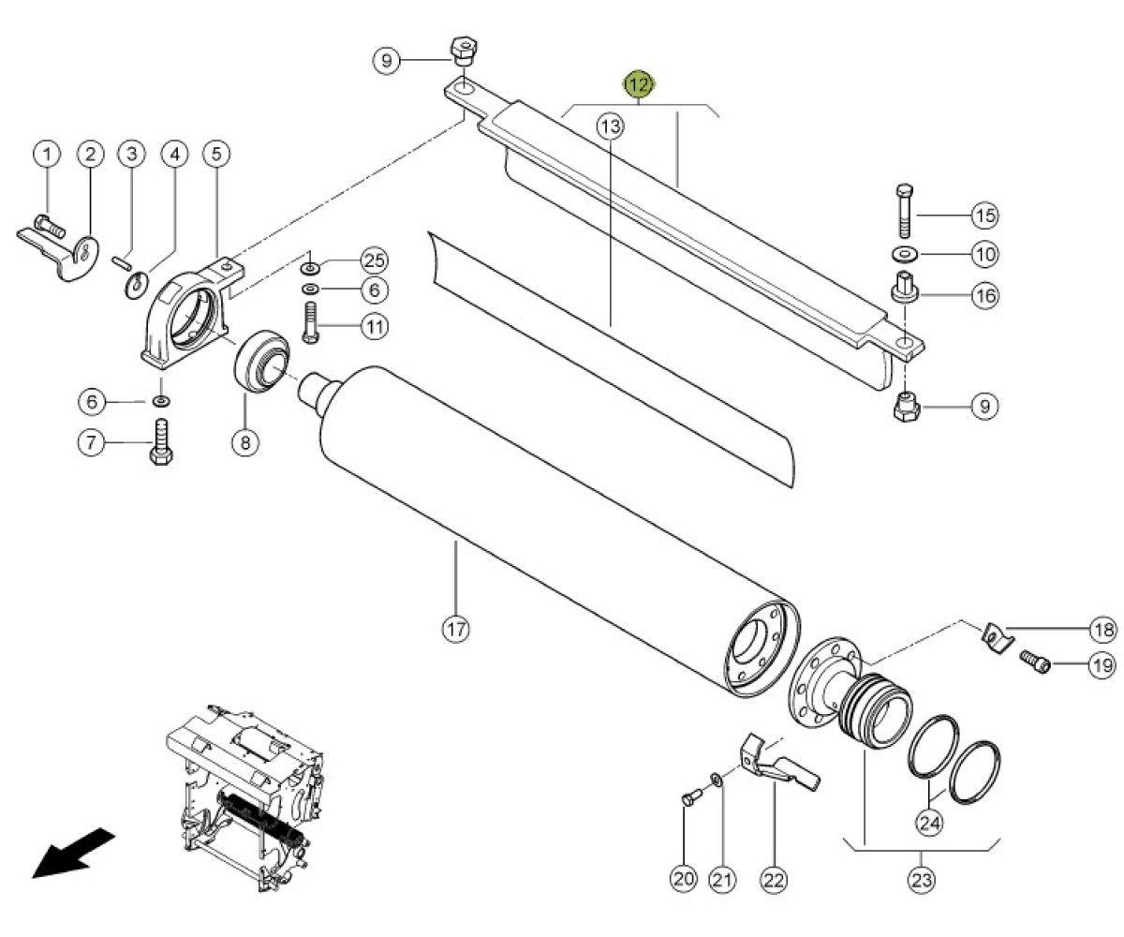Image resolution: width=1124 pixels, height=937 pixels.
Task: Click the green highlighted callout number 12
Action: coord(639,84)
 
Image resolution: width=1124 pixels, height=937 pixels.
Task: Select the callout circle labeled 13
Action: coord(611,127)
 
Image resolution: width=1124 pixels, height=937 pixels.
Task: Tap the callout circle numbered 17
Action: coord(456,629)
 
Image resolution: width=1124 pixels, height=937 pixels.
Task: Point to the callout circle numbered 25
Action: coord(375,260)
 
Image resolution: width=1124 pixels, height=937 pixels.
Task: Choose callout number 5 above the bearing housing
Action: coord(216,154)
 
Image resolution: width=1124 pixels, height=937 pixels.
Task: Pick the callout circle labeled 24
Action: coord(930,823)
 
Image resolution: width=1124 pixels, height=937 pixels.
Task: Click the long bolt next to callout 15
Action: coord(905,211)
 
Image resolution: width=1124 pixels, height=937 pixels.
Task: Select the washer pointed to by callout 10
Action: coord(905,254)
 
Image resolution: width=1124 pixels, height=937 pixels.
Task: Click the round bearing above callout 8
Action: coord(261,362)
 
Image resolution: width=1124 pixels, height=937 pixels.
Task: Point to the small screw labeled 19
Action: coord(1035,662)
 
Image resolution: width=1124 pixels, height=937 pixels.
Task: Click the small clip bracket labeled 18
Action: coord(998,637)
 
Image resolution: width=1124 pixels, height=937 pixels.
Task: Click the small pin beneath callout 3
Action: coord(122,262)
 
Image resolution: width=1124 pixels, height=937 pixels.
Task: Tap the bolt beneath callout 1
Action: coord(50,226)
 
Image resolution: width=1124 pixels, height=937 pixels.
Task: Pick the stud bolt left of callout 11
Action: coord(311,322)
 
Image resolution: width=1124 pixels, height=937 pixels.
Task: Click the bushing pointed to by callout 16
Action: coord(905,287)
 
